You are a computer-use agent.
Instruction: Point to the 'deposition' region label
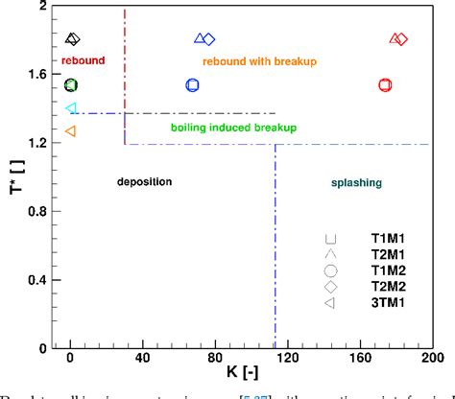click(144, 181)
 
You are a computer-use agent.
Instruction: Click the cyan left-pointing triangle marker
click(70, 109)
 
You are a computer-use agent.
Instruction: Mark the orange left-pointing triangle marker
click(70, 130)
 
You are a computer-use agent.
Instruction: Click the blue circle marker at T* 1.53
click(192, 84)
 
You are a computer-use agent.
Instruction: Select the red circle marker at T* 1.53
click(385, 84)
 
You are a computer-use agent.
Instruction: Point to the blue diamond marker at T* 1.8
click(209, 39)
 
